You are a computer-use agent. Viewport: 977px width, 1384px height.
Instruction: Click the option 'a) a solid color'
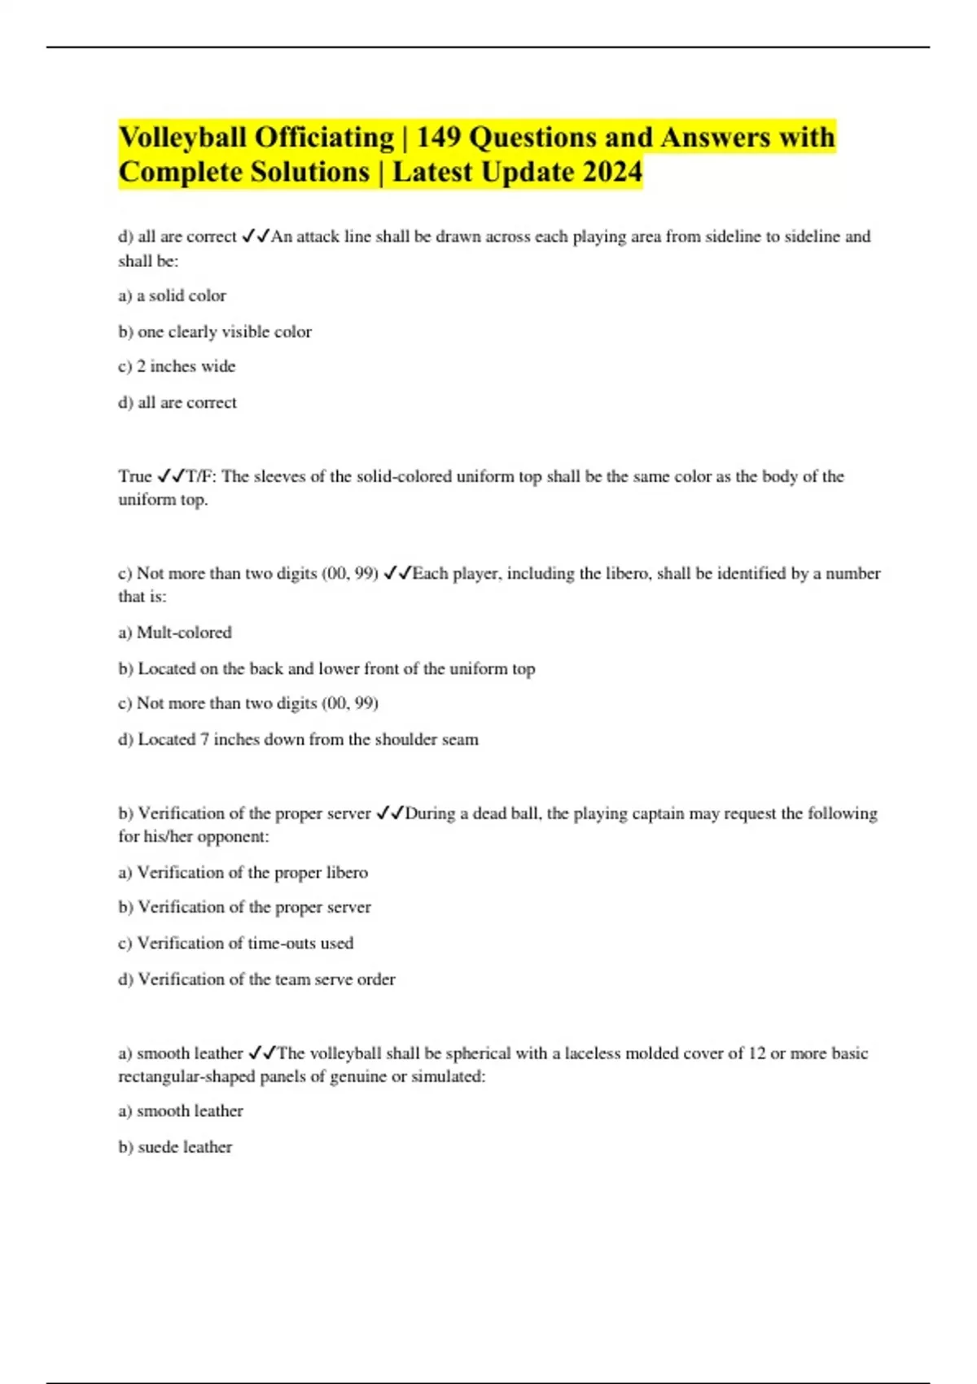point(172,296)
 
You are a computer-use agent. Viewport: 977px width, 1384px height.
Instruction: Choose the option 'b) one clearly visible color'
point(215,331)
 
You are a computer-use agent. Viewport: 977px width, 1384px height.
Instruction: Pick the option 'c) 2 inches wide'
point(177,366)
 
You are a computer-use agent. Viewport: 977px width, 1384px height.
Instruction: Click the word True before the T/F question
point(135,476)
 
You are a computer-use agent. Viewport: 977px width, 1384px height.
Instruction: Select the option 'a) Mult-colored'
point(175,633)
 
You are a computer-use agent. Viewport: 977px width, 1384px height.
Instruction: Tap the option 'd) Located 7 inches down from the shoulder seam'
point(298,739)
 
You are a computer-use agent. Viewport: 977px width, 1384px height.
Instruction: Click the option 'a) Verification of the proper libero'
point(243,873)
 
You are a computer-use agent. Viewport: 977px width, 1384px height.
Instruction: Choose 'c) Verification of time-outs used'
point(235,943)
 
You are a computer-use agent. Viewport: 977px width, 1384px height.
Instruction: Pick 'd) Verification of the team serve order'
point(256,979)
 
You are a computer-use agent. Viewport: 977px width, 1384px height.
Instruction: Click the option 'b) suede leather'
point(175,1147)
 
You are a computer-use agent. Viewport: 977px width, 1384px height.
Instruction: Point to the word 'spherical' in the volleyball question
point(477,1053)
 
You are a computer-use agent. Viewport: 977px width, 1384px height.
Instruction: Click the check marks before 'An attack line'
point(256,237)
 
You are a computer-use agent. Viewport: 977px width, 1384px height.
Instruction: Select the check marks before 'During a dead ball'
point(390,813)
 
